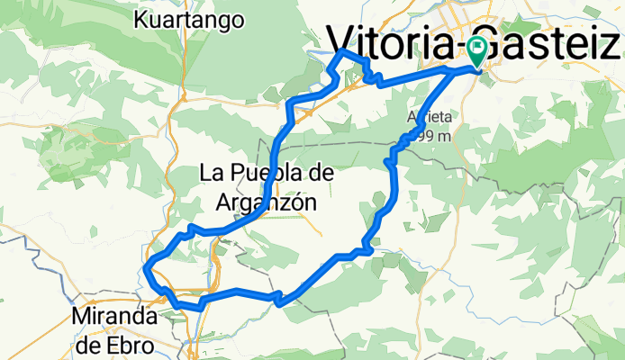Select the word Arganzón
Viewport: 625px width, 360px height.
click(267, 202)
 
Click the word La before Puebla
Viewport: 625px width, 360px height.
click(211, 170)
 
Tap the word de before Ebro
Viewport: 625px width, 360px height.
click(90, 345)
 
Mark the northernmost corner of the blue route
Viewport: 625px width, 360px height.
click(341, 53)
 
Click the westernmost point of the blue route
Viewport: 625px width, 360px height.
click(147, 265)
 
